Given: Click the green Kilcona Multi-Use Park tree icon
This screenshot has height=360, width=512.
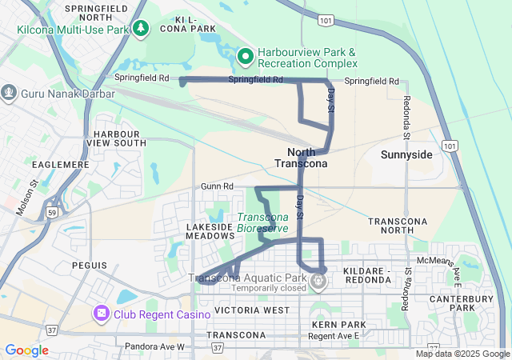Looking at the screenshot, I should point(142,30).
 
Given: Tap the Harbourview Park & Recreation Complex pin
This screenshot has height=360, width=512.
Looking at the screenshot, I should point(246,56).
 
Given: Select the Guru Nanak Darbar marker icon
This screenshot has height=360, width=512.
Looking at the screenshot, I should point(10,93).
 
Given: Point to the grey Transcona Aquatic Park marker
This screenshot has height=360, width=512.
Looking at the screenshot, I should point(318,280).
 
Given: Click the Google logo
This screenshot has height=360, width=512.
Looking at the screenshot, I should point(27,350).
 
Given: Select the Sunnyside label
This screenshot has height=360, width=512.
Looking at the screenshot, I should point(406,154).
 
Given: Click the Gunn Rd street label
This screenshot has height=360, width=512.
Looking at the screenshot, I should point(217,186).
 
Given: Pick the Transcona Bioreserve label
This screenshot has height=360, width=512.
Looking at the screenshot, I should point(262,222).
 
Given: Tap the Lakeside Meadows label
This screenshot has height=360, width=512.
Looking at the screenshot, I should point(210,231).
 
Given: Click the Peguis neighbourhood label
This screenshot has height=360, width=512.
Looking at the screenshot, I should point(88,265).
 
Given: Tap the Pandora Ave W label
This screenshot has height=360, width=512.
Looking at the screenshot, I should point(154,346).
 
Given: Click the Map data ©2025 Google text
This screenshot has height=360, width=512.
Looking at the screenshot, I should point(462,354).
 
